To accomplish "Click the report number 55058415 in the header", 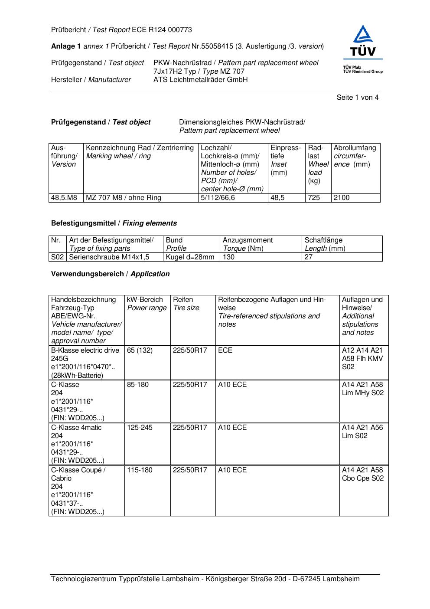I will pyautogui.click(x=218, y=46).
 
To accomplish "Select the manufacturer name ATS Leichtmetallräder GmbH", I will pyautogui.click(x=200, y=80).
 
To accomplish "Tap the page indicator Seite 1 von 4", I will pyautogui.click(x=357, y=98).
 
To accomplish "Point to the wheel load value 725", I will pyautogui.click(x=313, y=198).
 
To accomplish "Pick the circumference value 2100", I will pyautogui.click(x=341, y=198).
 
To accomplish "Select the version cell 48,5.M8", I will pyautogui.click(x=64, y=198).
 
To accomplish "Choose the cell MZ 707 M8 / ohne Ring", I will pyautogui.click(x=124, y=198).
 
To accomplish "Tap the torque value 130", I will pyautogui.click(x=228, y=257).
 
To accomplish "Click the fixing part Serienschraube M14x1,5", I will pyautogui.click(x=109, y=257).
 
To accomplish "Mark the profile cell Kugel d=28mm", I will pyautogui.click(x=190, y=257).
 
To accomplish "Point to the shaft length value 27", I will pyautogui.click(x=309, y=257).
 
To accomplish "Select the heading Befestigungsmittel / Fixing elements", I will pyautogui.click(x=114, y=223).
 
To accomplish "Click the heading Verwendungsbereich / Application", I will pyautogui.click(x=110, y=274).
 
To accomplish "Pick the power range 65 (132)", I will pyautogui.click(x=140, y=350).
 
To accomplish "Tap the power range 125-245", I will pyautogui.click(x=140, y=428).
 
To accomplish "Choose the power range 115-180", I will pyautogui.click(x=140, y=470).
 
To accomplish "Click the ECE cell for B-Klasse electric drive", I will pyautogui.click(x=225, y=350).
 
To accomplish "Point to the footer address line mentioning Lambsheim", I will pyautogui.click(x=205, y=579).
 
